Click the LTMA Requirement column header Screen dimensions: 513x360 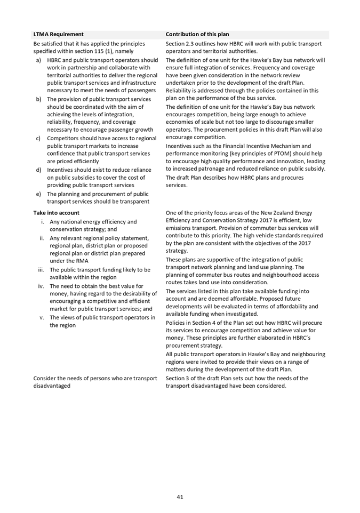click(x=54, y=34)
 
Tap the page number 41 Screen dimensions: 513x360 click(x=180, y=497)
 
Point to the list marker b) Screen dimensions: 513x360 click(x=39, y=99)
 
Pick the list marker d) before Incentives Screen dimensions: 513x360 click(x=39, y=170)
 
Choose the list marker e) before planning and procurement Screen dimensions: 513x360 click(x=39, y=194)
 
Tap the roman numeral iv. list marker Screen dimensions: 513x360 click(x=41, y=286)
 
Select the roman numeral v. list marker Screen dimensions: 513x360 click(x=42, y=318)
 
